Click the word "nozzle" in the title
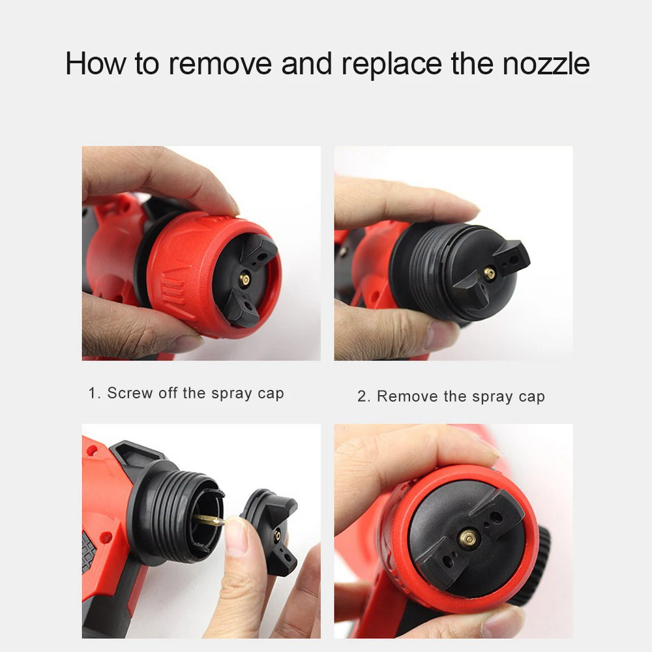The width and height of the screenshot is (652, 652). [546, 64]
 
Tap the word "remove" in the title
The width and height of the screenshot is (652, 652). [220, 65]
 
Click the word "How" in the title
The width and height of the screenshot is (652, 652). [95, 64]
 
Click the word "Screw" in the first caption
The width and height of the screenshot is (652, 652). [130, 393]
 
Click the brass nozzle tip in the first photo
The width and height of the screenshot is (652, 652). [244, 280]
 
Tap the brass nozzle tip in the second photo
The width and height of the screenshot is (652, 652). [490, 273]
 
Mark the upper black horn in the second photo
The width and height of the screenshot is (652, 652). [512, 257]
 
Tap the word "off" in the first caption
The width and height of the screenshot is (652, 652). [168, 393]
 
